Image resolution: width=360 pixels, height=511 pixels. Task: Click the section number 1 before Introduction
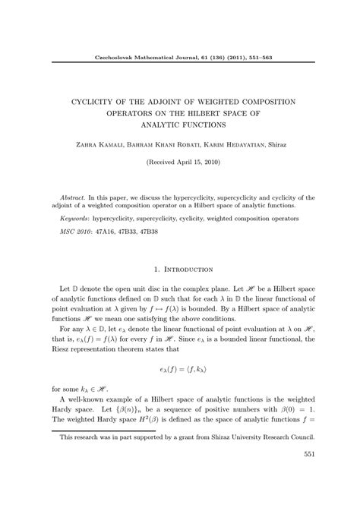click(156, 269)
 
